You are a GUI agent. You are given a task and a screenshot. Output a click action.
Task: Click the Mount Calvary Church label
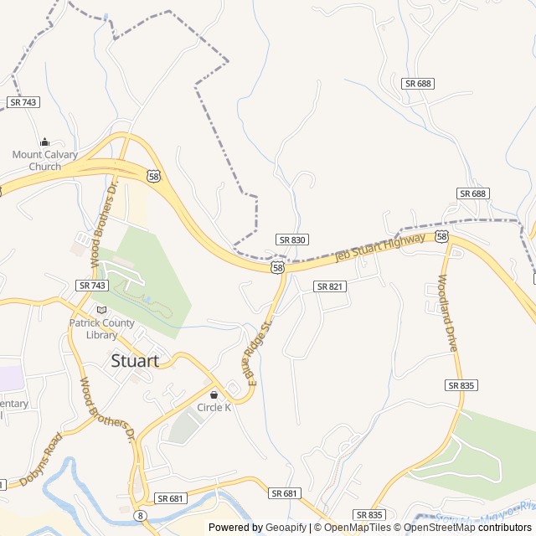click(44, 160)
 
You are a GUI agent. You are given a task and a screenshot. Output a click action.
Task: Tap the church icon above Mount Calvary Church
click(44, 142)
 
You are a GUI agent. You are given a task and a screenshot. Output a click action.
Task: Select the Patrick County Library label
click(101, 329)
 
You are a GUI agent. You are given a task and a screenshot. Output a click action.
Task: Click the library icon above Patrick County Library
click(101, 310)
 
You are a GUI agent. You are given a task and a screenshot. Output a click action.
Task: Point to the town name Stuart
click(134, 361)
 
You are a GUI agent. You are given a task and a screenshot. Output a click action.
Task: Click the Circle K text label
click(214, 407)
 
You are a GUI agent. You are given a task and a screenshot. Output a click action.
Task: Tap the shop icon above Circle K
click(214, 394)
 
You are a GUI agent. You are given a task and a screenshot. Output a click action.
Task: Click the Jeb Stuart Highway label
click(380, 247)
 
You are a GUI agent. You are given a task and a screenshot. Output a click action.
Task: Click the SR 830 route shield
click(291, 240)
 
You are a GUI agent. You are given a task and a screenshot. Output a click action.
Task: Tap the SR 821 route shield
click(330, 286)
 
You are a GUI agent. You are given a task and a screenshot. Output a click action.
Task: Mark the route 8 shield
click(140, 516)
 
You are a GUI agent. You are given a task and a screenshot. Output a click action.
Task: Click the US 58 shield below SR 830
click(277, 267)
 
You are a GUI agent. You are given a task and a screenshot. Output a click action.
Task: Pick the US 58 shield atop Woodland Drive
click(441, 237)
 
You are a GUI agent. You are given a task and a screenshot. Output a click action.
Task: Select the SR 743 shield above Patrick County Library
click(92, 286)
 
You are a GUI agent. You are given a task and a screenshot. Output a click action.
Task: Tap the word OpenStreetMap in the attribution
click(441, 528)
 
